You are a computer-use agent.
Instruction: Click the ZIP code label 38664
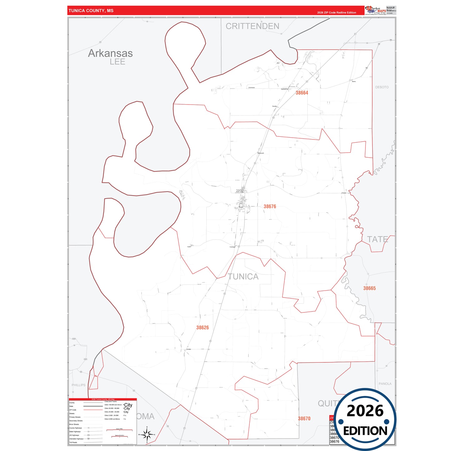point(302,93)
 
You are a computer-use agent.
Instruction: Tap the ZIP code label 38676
point(270,206)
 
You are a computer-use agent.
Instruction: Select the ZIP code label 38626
point(203,327)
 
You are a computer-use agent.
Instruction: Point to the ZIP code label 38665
point(369,288)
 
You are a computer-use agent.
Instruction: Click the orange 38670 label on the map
point(304,419)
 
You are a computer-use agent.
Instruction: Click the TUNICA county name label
point(243,277)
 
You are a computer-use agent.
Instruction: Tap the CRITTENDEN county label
point(252,26)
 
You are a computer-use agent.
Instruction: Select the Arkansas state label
point(110,53)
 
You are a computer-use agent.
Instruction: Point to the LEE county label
point(117,62)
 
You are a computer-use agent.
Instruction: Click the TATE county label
point(377,239)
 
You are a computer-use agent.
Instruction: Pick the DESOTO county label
point(382,87)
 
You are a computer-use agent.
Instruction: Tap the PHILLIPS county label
point(78,385)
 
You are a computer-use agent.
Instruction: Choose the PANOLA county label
point(385,384)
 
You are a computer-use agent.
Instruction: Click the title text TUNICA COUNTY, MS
point(91,11)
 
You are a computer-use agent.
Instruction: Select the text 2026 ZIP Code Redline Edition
point(336,12)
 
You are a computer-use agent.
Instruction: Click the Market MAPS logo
point(375,10)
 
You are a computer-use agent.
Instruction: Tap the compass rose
point(147,434)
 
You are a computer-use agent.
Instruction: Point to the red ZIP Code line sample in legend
point(93,410)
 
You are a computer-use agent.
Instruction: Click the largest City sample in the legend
point(128,405)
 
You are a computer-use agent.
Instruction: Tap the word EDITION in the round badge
point(365,431)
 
